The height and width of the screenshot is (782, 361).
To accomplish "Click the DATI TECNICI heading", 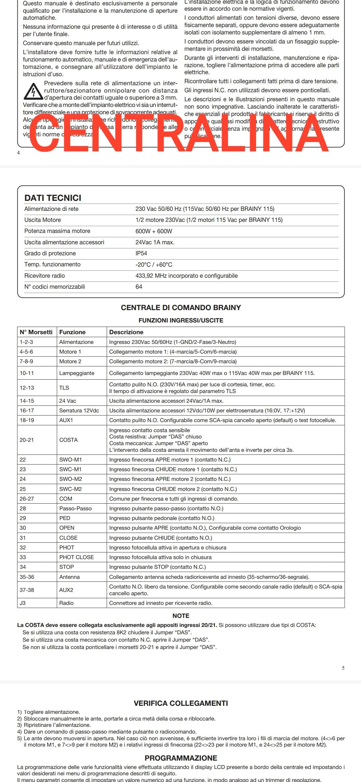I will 53,198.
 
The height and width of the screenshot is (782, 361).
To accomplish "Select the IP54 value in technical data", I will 141,253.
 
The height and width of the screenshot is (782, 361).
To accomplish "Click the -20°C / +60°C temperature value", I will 154,265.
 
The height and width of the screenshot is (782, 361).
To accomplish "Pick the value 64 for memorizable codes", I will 139,287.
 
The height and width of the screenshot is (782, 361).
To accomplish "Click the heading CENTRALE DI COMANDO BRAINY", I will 181,308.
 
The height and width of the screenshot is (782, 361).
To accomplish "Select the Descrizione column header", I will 126,332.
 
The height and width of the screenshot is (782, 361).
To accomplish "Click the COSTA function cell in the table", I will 69,440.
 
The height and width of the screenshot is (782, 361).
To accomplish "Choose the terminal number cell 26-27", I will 27,499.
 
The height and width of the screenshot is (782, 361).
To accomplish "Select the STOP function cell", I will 67,567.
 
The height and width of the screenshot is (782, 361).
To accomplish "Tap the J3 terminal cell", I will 23,603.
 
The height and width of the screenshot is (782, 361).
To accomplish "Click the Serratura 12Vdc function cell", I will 79,410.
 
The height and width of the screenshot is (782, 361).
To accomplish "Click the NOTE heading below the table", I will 181,616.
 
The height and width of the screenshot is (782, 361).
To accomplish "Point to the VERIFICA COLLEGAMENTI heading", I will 181,703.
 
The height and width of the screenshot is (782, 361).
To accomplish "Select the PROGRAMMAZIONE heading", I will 181,758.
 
